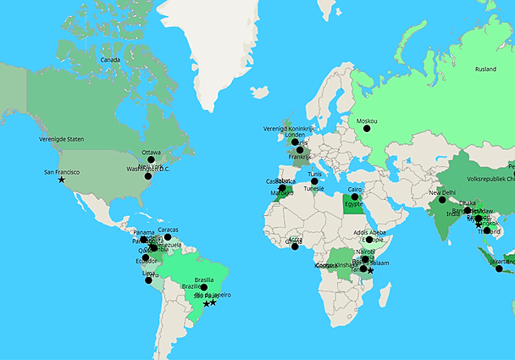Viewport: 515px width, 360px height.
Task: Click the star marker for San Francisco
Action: coord(61,180)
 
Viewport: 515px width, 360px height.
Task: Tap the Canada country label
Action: coord(110,60)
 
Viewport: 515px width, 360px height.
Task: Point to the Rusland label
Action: coord(485,69)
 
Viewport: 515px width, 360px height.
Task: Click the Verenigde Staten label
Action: coord(62,138)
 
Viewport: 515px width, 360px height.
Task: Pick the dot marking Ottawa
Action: coord(151,159)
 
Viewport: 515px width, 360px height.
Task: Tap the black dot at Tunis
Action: coord(314,180)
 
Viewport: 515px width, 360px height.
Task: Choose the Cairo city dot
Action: coord(355,197)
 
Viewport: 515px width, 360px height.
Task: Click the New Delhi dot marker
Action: coord(441,200)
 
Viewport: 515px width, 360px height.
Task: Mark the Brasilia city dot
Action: coord(203,287)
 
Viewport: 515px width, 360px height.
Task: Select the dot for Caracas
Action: coord(168,237)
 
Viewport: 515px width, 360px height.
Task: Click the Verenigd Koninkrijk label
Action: coord(288,128)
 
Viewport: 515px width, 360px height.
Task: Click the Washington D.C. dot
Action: coord(147,176)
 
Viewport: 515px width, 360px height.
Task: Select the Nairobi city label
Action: coord(366,251)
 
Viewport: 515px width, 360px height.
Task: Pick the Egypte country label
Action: coord(354,204)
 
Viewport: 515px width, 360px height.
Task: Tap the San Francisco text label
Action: coord(62,172)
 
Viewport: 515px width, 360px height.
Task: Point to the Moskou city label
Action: coord(367,120)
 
